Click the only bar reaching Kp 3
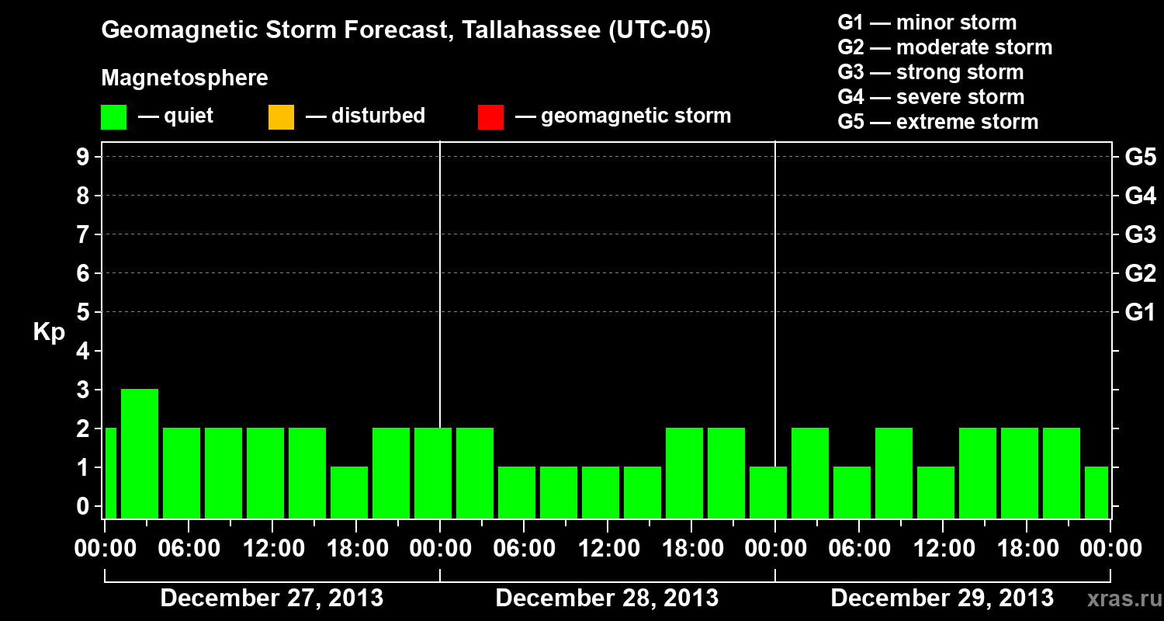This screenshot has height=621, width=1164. pyautogui.click(x=140, y=453)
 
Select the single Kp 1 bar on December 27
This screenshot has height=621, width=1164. pyautogui.click(x=349, y=492)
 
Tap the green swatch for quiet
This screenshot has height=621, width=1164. pyautogui.click(x=113, y=117)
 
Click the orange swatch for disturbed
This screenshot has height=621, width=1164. pyautogui.click(x=281, y=117)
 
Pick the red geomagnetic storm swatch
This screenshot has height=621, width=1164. pyautogui.click(x=490, y=117)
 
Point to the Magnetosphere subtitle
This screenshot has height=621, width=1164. pyautogui.click(x=185, y=78)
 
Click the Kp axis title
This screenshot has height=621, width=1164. pyautogui.click(x=49, y=332)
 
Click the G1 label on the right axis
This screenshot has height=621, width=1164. pyautogui.click(x=1140, y=313)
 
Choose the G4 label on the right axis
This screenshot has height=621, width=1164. pyautogui.click(x=1140, y=196)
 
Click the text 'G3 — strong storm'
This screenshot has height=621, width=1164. pyautogui.click(x=930, y=72)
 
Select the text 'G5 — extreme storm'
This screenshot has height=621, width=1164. pyautogui.click(x=937, y=122)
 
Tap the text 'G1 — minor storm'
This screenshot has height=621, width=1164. pyautogui.click(x=927, y=23)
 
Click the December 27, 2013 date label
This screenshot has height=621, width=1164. pyautogui.click(x=272, y=598)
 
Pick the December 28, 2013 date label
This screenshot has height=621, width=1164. pyautogui.click(x=607, y=598)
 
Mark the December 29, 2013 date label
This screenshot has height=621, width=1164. pyautogui.click(x=942, y=598)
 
